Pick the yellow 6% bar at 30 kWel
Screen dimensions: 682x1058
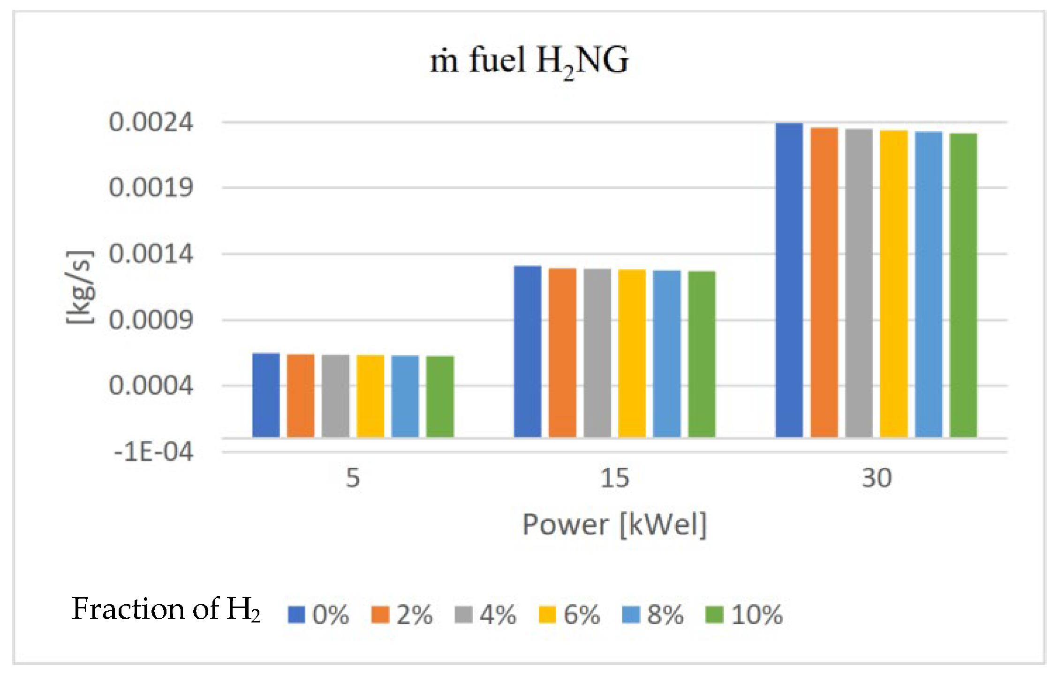click(894, 284)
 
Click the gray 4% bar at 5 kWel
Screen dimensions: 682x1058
click(335, 396)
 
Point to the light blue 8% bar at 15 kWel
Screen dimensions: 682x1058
click(667, 354)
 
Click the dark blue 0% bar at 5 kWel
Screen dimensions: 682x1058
click(266, 395)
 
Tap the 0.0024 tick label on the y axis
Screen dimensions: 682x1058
click(151, 122)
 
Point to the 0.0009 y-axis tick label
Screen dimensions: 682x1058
click(151, 321)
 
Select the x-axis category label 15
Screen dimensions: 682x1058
click(614, 479)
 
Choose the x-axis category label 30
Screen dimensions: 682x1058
click(877, 479)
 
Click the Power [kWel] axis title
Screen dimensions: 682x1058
click(614, 525)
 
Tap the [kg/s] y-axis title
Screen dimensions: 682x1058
click(79, 287)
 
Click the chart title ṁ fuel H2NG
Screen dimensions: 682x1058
click(529, 61)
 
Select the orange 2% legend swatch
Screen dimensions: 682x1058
click(380, 615)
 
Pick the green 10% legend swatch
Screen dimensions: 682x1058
click(714, 615)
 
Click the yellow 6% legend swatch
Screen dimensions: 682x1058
click(547, 615)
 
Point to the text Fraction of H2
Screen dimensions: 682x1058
click(166, 609)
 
